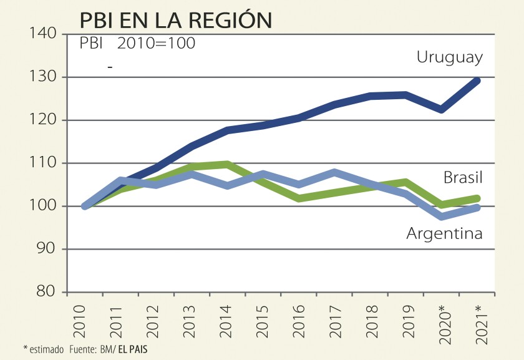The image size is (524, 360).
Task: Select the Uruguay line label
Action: tap(449, 57)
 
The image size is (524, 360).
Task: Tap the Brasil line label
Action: tap(463, 178)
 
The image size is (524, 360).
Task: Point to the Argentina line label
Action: tap(444, 233)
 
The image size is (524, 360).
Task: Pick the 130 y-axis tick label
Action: tap(44, 77)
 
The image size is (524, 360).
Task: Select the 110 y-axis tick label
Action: tap(44, 163)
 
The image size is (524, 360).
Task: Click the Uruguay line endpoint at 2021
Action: tap(477, 80)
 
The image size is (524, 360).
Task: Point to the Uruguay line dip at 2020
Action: tap(442, 109)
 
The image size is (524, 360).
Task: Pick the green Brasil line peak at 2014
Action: tap(227, 165)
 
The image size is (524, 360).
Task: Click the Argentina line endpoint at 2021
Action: tap(477, 208)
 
